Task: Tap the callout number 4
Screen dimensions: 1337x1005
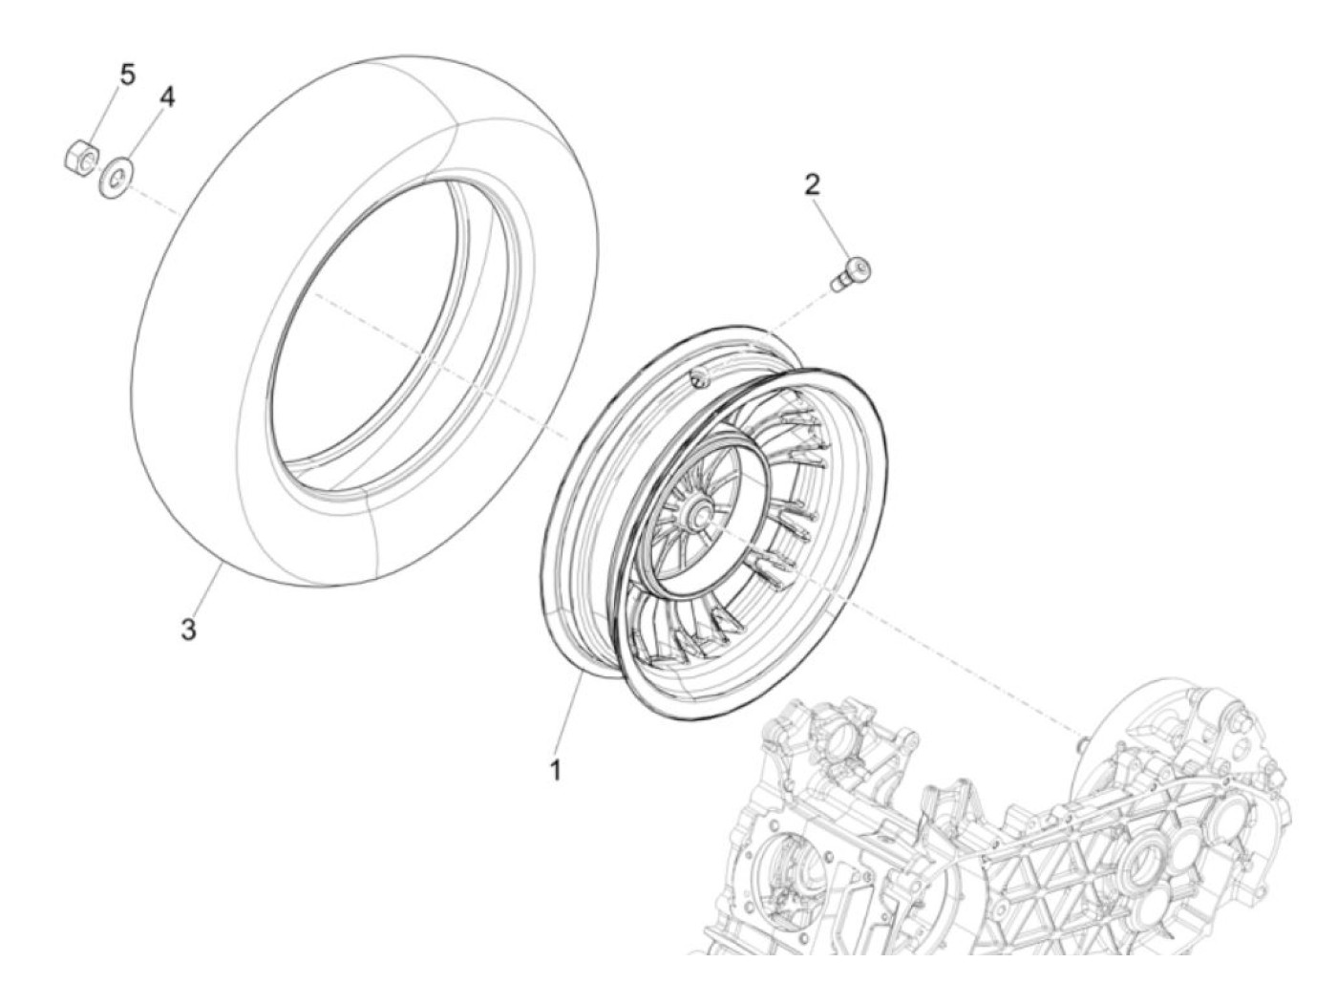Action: coord(167,96)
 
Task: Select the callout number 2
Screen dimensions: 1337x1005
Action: coord(812,185)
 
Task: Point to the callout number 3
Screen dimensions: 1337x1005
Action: coord(189,629)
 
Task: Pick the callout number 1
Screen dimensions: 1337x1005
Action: coord(555,770)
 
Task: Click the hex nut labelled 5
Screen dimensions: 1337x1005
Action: coord(81,158)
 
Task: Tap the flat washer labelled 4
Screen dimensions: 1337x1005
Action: coord(117,177)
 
